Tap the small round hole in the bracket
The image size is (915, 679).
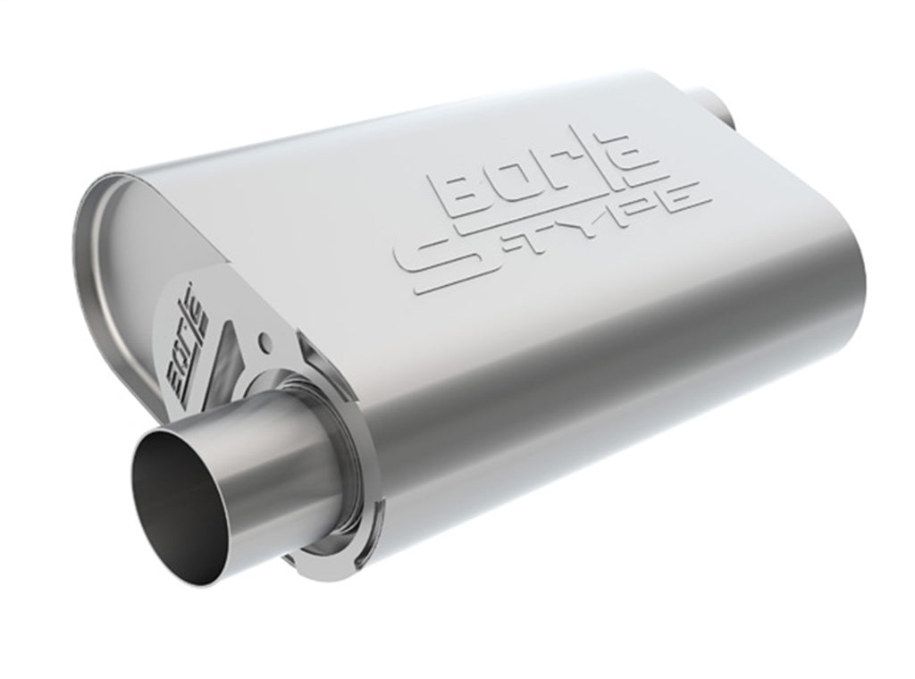coord(264,341)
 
